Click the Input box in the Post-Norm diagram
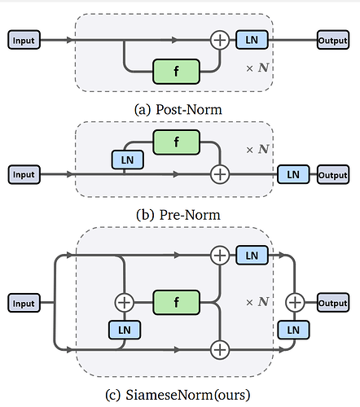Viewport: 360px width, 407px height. click(x=24, y=40)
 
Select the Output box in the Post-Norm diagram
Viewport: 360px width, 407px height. click(x=333, y=40)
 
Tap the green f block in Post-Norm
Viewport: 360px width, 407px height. click(x=177, y=72)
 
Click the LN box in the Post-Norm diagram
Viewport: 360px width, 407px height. click(x=252, y=40)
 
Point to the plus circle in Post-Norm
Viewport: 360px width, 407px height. click(x=220, y=40)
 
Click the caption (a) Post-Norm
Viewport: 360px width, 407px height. click(x=178, y=110)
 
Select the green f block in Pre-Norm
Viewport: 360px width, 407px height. click(x=177, y=142)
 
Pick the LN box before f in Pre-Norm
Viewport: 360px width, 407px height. click(x=128, y=160)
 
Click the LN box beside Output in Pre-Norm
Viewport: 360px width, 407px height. click(x=293, y=174)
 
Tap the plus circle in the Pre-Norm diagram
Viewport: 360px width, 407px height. click(x=220, y=174)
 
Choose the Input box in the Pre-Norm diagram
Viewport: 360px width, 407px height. click(x=24, y=174)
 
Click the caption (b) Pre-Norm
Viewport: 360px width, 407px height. click(x=178, y=215)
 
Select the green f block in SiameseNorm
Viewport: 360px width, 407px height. click(x=177, y=302)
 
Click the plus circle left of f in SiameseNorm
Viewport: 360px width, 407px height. click(x=125, y=302)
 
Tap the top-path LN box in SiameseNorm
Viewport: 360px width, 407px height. click(x=252, y=255)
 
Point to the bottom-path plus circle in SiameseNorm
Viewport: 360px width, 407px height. click(x=220, y=350)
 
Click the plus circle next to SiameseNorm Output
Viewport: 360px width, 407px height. click(x=295, y=302)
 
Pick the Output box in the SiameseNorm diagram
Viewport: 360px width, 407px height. click(x=333, y=302)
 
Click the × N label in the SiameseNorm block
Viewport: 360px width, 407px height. click(x=257, y=302)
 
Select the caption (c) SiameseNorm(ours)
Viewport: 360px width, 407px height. click(x=178, y=395)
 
